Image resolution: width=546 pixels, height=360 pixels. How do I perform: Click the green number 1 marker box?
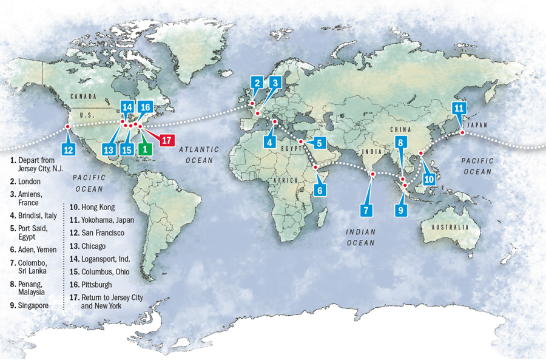click(145, 147)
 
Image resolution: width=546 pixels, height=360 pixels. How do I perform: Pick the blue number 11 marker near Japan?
click(459, 109)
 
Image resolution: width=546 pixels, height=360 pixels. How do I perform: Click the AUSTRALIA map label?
click(450, 227)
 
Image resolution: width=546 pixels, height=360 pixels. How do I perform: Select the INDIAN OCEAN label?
click(361, 237)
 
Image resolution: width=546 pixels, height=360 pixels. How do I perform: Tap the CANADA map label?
click(84, 97)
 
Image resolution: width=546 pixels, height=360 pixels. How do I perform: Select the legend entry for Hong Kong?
click(93, 207)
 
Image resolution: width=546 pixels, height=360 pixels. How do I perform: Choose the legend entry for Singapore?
click(34, 305)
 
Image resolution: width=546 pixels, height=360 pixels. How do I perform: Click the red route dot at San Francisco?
click(67, 126)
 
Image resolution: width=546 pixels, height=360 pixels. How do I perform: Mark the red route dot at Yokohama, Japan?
click(462, 132)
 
